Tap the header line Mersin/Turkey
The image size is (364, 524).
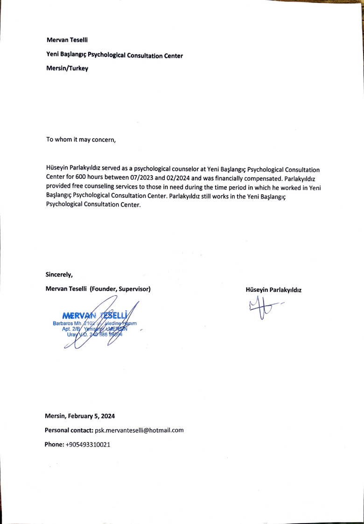tap(67, 68)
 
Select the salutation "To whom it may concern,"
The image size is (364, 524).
tap(81, 140)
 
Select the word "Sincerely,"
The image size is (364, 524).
tap(59, 274)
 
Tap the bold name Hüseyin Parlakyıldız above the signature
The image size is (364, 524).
tap(273, 290)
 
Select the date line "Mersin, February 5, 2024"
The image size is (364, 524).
tap(80, 416)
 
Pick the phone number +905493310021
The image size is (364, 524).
tap(88, 445)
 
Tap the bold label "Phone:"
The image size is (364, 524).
tap(54, 445)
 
